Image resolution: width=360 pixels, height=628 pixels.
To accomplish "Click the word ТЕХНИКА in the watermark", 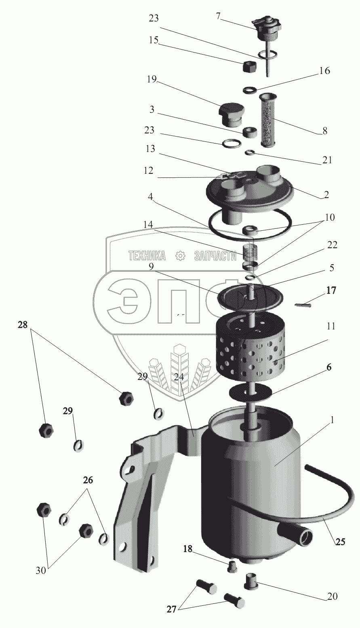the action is tap(147, 256).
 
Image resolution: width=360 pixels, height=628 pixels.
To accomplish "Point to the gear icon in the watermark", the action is tap(180, 255).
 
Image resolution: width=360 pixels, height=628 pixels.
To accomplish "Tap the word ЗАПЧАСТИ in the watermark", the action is tap(215, 256).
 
